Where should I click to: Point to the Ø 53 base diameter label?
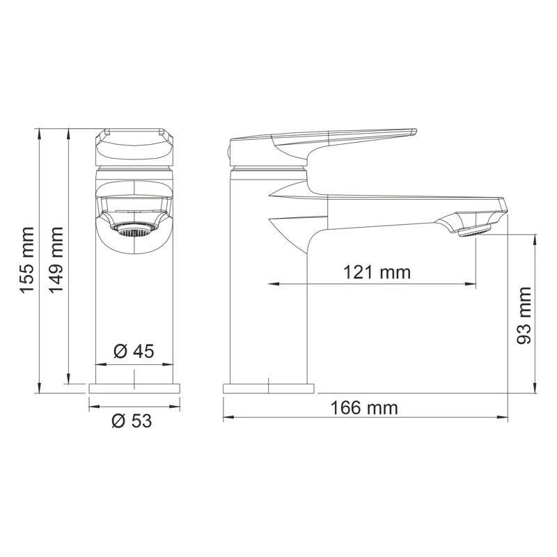point(132,421)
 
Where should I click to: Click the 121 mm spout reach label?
point(377,272)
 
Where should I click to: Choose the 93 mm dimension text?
point(524,315)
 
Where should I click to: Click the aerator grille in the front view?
point(133,230)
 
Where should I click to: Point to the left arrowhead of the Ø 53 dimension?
point(92,406)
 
